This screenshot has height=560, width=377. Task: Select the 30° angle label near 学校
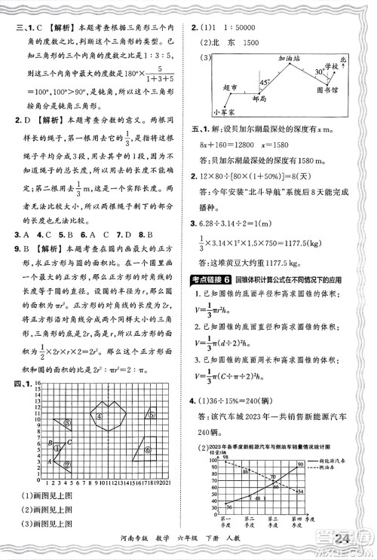(x=319, y=72)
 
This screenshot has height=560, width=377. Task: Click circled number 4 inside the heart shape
(x=98, y=348)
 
